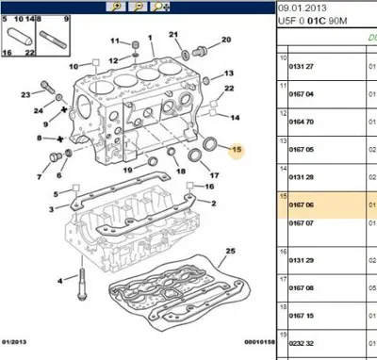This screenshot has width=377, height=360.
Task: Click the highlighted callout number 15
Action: (x=237, y=151)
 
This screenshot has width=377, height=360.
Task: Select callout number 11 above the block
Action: (x=116, y=41)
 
